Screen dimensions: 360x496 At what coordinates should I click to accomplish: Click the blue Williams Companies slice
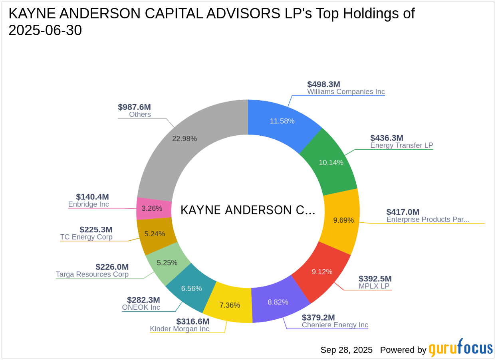tap(282, 121)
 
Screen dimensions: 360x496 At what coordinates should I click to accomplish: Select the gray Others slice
tap(185, 139)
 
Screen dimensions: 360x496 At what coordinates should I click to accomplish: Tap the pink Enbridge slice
tap(152, 208)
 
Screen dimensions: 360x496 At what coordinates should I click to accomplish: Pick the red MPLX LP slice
tap(322, 272)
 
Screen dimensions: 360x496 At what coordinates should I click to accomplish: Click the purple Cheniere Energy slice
tap(278, 302)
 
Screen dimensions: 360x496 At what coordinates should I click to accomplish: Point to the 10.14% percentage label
tap(331, 162)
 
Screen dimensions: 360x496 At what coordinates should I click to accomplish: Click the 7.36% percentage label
tap(230, 305)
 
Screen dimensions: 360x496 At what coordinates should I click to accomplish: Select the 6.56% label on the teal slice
tap(192, 289)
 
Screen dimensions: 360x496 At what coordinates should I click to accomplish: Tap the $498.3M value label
tap(323, 84)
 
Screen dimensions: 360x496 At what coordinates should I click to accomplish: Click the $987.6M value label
tap(134, 107)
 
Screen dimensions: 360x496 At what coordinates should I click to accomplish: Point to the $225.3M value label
tap(96, 229)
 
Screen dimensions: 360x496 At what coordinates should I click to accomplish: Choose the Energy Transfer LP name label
tap(401, 145)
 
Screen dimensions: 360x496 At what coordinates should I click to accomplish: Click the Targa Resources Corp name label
tap(92, 274)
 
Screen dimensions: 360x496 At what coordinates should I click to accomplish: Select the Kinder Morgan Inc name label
tap(179, 329)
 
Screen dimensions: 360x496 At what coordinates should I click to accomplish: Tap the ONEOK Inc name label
tap(141, 307)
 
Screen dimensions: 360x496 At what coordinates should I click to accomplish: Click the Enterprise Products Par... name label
tap(427, 219)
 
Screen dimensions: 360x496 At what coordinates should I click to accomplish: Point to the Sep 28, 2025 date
tap(346, 350)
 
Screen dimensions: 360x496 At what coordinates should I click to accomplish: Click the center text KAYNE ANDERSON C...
tap(248, 210)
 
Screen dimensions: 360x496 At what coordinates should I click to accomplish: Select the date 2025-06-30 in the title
tap(45, 30)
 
